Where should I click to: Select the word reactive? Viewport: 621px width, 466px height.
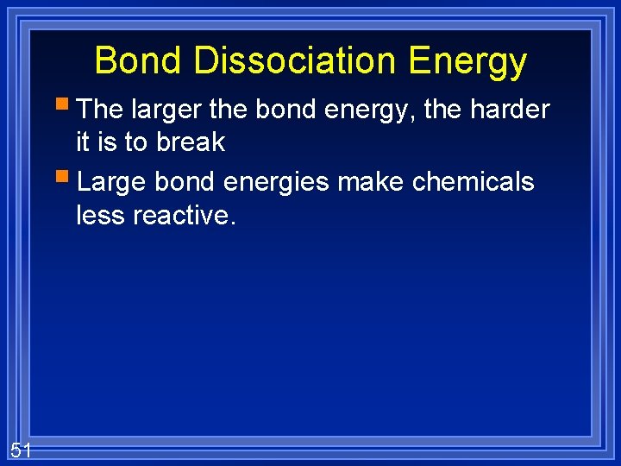(x=184, y=215)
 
